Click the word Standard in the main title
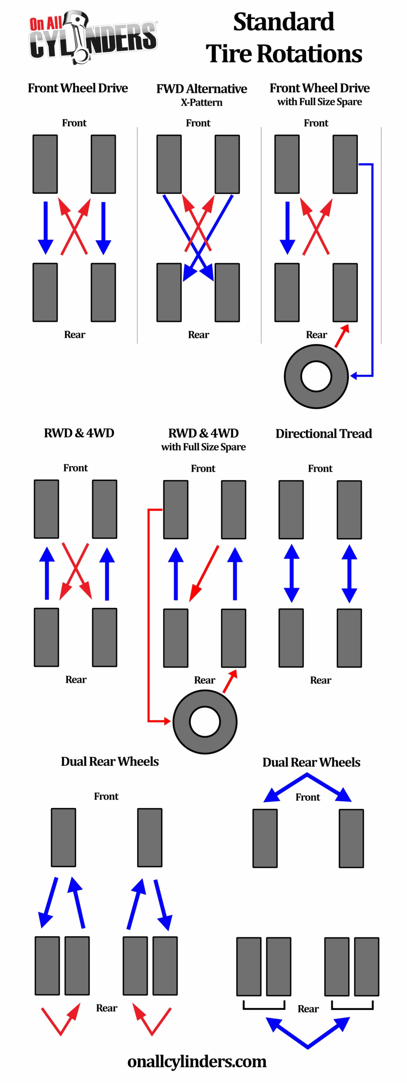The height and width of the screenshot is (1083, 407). pyautogui.click(x=283, y=22)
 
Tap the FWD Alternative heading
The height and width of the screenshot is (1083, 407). pyautogui.click(x=201, y=89)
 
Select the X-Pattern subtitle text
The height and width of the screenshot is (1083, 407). pyautogui.click(x=201, y=102)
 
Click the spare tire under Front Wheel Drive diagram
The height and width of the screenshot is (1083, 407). pyautogui.click(x=316, y=376)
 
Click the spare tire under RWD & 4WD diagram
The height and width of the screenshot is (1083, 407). pyautogui.click(x=205, y=721)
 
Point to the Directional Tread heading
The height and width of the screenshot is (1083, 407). pyautogui.click(x=324, y=434)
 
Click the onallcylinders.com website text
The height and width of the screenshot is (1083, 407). pyautogui.click(x=197, y=1061)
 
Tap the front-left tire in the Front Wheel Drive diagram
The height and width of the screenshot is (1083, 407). pyautogui.click(x=45, y=164)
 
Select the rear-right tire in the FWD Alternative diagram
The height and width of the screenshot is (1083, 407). pyautogui.click(x=227, y=292)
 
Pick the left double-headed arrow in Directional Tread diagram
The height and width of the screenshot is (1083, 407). pyautogui.click(x=291, y=573)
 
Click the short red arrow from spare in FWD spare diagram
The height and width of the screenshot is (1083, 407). pyautogui.click(x=342, y=336)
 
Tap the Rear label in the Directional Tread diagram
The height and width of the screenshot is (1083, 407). pyautogui.click(x=320, y=680)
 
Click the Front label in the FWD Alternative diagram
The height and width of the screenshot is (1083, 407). pyautogui.click(x=198, y=123)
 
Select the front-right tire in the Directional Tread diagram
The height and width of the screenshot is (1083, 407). pyautogui.click(x=349, y=509)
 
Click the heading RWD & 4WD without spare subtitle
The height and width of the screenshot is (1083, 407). pyautogui.click(x=79, y=433)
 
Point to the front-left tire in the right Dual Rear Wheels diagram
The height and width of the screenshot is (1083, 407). pyautogui.click(x=265, y=838)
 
